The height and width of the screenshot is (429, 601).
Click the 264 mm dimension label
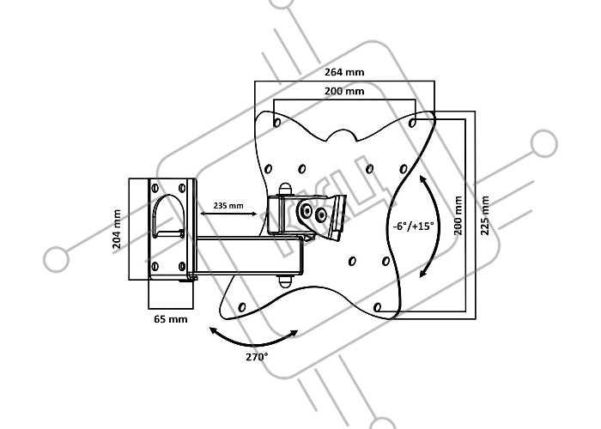(344, 72)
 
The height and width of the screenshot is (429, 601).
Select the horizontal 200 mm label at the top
(344, 91)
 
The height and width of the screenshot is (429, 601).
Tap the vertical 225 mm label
(485, 214)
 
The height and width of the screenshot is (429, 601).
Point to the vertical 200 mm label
(458, 214)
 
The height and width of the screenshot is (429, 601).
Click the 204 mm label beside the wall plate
(117, 229)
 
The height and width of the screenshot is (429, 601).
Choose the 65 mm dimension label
(171, 318)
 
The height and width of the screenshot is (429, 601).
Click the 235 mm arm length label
(228, 206)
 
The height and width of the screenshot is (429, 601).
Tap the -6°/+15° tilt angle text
(413, 226)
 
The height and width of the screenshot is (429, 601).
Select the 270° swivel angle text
(257, 357)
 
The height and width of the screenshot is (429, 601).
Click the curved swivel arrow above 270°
(254, 342)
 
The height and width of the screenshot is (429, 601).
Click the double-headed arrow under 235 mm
(229, 214)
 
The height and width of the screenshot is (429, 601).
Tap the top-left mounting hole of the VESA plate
(276, 123)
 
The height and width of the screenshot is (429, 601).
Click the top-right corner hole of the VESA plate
(412, 123)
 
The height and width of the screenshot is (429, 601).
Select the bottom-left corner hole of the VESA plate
(242, 307)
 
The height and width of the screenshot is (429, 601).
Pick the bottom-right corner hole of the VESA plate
(378, 307)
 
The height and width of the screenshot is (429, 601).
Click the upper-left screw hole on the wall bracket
(155, 188)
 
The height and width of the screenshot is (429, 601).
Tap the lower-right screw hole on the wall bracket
(182, 266)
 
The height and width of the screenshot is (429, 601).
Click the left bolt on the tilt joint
(307, 210)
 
